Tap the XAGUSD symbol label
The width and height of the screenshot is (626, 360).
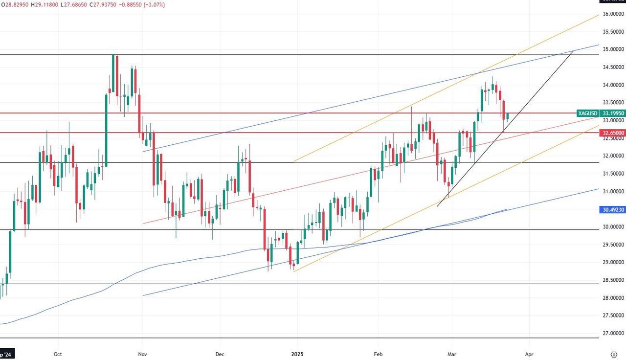587,113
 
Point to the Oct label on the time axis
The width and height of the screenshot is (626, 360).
58,353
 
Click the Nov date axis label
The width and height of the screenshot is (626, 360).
142,353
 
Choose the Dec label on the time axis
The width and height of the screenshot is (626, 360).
219,353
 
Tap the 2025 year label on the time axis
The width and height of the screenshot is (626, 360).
297,353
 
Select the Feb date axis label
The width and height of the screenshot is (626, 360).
378,353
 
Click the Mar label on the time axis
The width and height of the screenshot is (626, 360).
452,353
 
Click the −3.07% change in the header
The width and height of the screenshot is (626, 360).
153,4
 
